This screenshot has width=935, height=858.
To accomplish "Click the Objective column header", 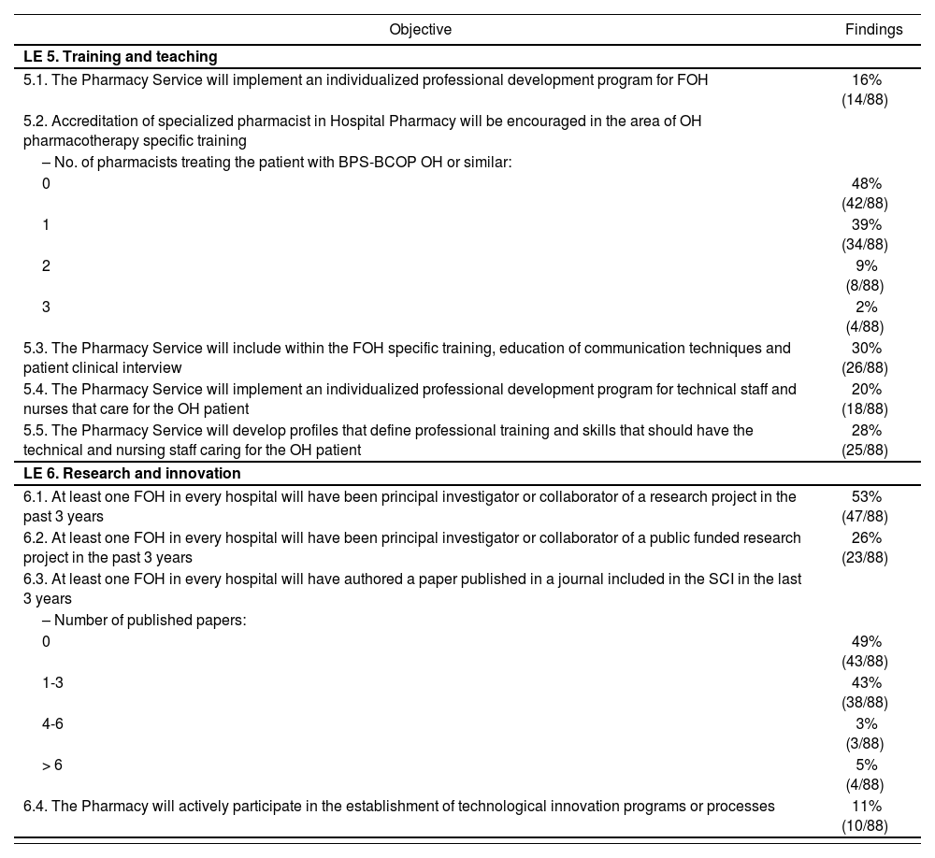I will (x=420, y=30).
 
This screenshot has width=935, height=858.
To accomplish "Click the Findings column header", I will (x=873, y=30).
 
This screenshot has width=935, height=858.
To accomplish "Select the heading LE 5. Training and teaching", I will (x=121, y=57).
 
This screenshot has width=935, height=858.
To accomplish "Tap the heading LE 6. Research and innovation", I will (x=132, y=474).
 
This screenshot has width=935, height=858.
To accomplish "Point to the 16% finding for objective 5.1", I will (x=866, y=80).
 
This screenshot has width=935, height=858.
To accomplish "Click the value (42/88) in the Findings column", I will (x=865, y=204).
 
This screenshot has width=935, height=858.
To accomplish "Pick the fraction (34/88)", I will (x=865, y=245).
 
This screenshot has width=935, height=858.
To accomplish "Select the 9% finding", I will (x=866, y=266).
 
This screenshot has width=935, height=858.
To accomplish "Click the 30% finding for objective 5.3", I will (x=866, y=349).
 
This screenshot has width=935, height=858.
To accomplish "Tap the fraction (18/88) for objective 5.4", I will (x=865, y=409).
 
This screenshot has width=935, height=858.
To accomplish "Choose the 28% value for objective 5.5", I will (x=866, y=431).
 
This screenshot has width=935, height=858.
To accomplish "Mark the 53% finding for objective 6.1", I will (x=866, y=497).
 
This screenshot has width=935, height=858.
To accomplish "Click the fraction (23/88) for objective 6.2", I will (x=865, y=558).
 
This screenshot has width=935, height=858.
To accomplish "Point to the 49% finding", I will (x=866, y=642).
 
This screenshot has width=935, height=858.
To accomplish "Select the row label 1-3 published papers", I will (x=52, y=683).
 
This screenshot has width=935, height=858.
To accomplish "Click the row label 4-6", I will (x=52, y=724).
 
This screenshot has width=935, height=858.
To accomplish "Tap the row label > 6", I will (x=52, y=765).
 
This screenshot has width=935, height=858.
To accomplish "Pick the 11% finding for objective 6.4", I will (x=866, y=807).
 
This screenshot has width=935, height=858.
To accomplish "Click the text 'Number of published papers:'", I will (x=150, y=621).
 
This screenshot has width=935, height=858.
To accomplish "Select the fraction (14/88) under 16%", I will (x=865, y=100).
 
